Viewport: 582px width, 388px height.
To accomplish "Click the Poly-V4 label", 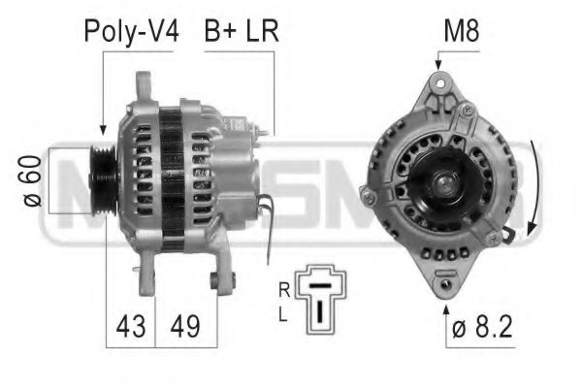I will tap(131, 31).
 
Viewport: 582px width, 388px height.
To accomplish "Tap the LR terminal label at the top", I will tap(260, 31).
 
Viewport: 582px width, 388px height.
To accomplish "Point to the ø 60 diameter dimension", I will tap(32, 181).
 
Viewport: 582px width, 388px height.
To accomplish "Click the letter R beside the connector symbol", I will tap(283, 289).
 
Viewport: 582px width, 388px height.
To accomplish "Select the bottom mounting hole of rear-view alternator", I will tap(445, 284).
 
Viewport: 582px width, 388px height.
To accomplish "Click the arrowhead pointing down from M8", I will tap(438, 64).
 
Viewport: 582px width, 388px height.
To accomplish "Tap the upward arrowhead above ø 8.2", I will tap(445, 309).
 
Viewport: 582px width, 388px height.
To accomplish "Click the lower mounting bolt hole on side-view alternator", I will tap(217, 281).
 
